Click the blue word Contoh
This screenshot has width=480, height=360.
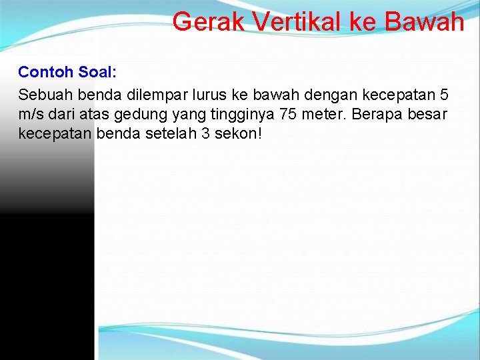45,71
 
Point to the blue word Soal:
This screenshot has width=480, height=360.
98,71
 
